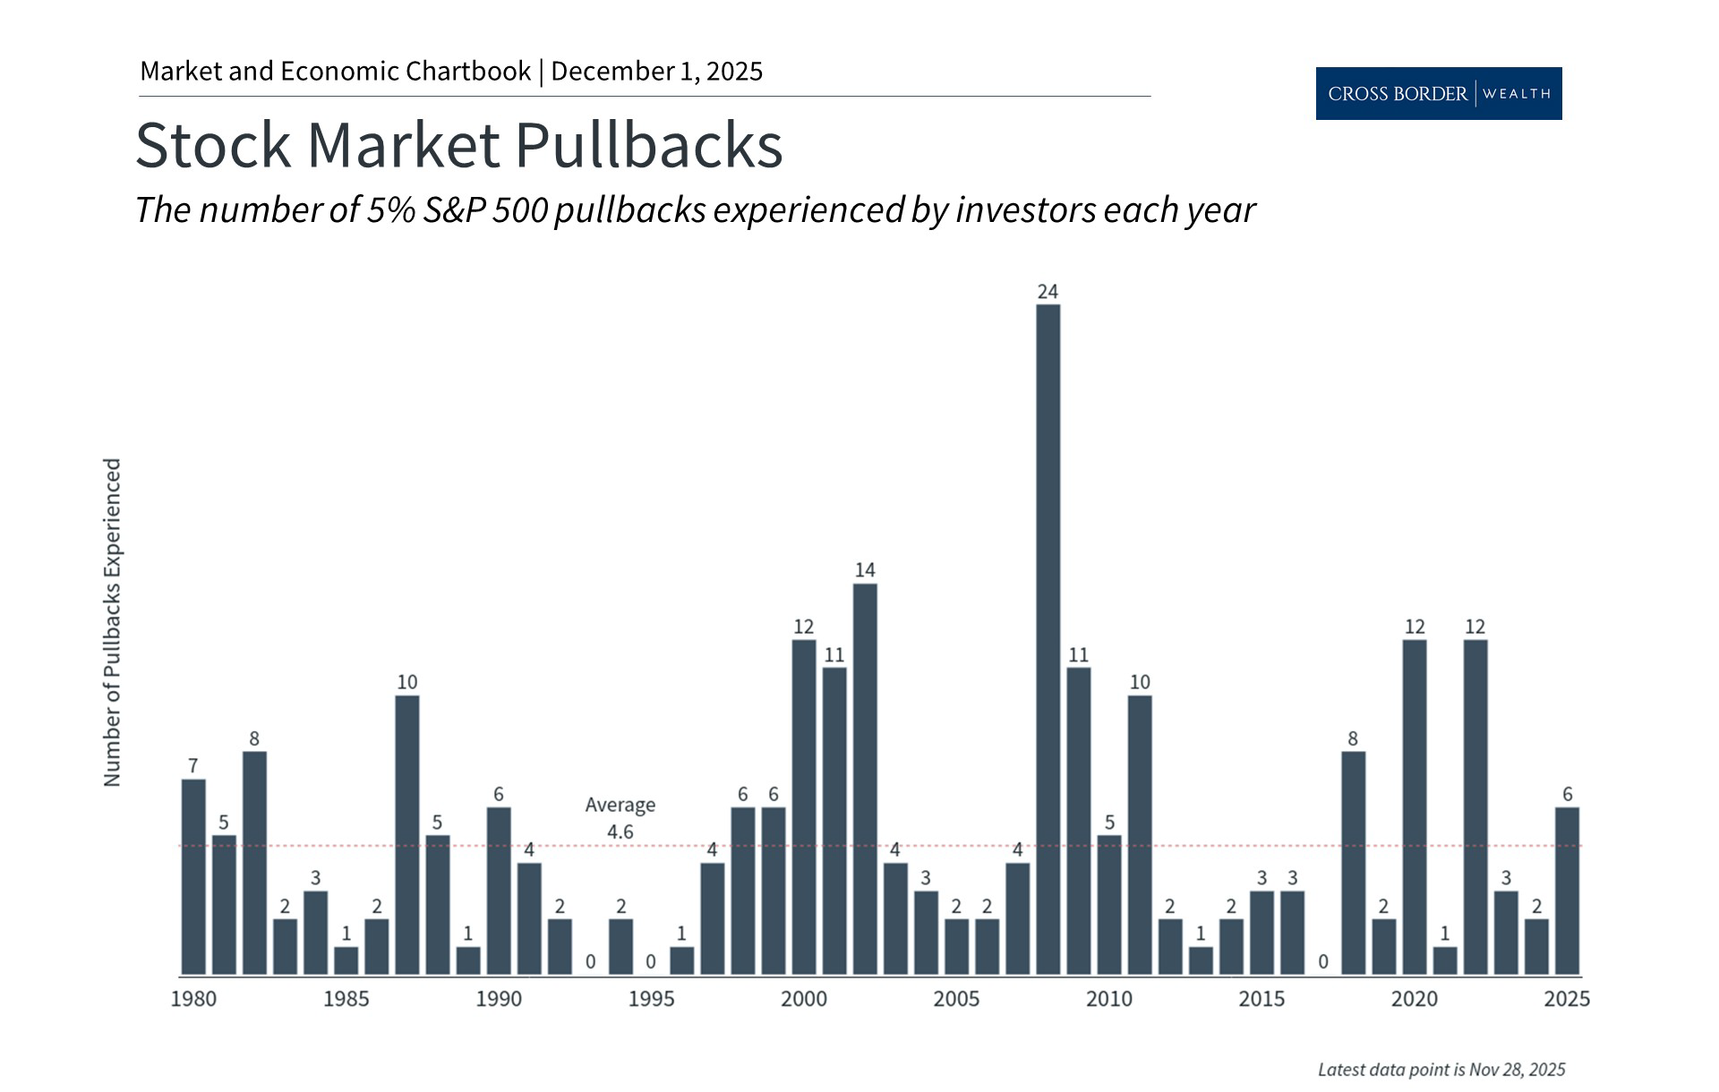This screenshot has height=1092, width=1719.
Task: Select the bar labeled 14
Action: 865,779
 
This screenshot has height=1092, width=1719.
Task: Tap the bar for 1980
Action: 193,876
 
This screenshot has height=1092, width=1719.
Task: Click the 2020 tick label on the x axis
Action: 1414,999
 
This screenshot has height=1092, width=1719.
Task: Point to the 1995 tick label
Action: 651,999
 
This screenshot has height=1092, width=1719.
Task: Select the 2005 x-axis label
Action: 956,999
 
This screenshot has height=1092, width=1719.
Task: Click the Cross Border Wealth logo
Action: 1438,93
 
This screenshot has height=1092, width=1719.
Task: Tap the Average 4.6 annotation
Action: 620,818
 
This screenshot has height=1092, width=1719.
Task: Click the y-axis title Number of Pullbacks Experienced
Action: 112,623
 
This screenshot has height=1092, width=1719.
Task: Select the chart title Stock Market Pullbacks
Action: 458,145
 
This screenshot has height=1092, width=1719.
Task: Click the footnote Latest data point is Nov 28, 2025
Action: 1441,1070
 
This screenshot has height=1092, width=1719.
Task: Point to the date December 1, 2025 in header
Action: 656,72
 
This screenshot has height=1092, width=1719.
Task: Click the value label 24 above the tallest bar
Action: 1048,292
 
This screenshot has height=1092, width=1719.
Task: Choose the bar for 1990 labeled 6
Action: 499,891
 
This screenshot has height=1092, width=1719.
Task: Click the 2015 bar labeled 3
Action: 1261,932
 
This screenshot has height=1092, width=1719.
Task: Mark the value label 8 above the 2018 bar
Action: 1353,738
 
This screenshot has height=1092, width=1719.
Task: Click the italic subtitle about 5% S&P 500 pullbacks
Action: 695,210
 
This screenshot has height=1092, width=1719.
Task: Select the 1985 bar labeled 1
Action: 346,960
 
